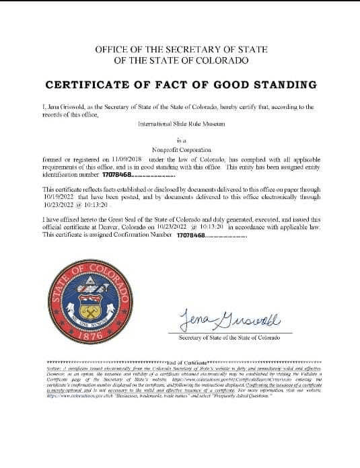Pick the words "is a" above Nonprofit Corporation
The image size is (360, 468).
click(180, 141)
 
